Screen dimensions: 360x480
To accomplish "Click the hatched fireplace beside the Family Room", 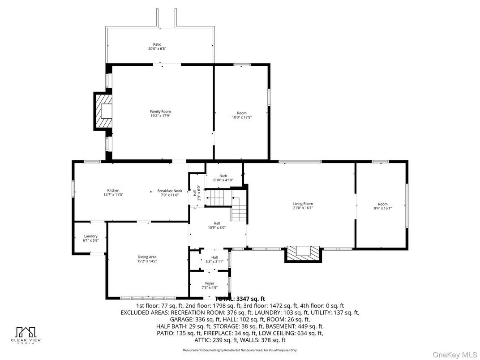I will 103,111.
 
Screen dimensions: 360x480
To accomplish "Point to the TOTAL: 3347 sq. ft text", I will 240,299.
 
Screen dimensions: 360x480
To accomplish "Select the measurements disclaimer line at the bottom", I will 240,350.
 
